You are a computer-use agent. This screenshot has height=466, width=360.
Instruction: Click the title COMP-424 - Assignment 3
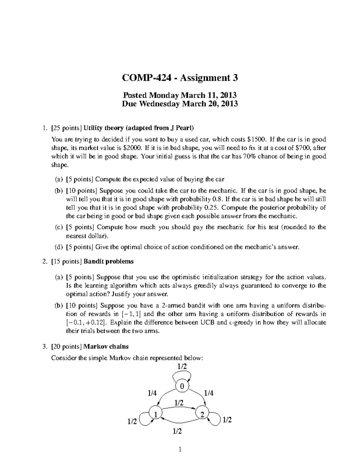[180, 78]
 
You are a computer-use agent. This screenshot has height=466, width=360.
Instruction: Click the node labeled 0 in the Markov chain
[182, 386]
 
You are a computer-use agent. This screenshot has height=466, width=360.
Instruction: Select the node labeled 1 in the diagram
[155, 414]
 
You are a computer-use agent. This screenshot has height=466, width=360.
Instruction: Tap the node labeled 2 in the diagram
[202, 414]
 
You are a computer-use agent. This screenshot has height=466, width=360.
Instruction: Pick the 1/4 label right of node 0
[208, 393]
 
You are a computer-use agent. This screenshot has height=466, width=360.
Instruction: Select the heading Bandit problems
[109, 261]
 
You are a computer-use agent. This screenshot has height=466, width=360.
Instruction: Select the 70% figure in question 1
[245, 156]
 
